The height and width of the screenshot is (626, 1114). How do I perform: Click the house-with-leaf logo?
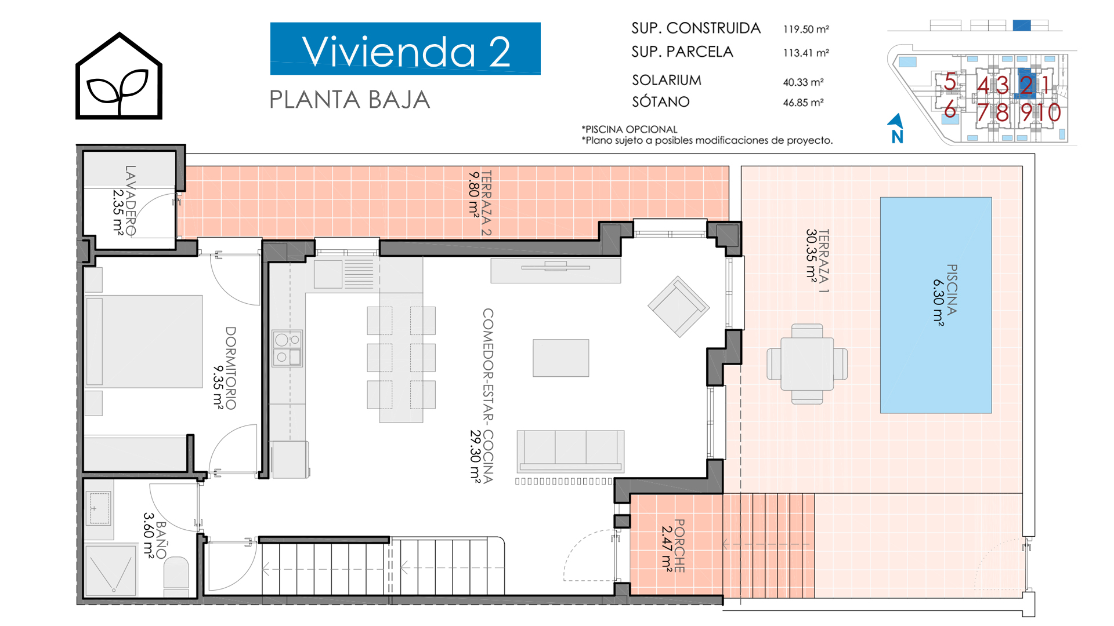tap(119, 75)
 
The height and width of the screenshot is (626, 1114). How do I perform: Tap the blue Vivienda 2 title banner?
tap(406, 49)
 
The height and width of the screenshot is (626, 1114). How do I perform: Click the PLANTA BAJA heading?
tap(350, 100)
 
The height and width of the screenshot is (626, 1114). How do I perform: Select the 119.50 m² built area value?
tap(806, 29)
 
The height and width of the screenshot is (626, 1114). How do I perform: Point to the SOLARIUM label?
tap(667, 80)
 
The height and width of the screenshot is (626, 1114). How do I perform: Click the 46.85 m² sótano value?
tap(804, 103)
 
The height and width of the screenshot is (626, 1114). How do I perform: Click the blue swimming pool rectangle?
tap(936, 305)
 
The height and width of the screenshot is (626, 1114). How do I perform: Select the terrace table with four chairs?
tap(807, 364)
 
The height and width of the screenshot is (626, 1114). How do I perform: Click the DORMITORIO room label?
tap(230, 368)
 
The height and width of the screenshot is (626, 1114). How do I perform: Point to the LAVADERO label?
tap(131, 201)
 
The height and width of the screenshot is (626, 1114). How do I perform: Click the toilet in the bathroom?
tap(176, 575)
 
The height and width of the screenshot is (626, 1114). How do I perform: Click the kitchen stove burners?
tap(287, 348)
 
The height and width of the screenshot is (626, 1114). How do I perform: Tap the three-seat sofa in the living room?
tap(571, 450)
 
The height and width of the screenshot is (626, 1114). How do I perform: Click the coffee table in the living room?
tap(561, 358)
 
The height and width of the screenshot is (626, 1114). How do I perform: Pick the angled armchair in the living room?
tap(679, 307)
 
